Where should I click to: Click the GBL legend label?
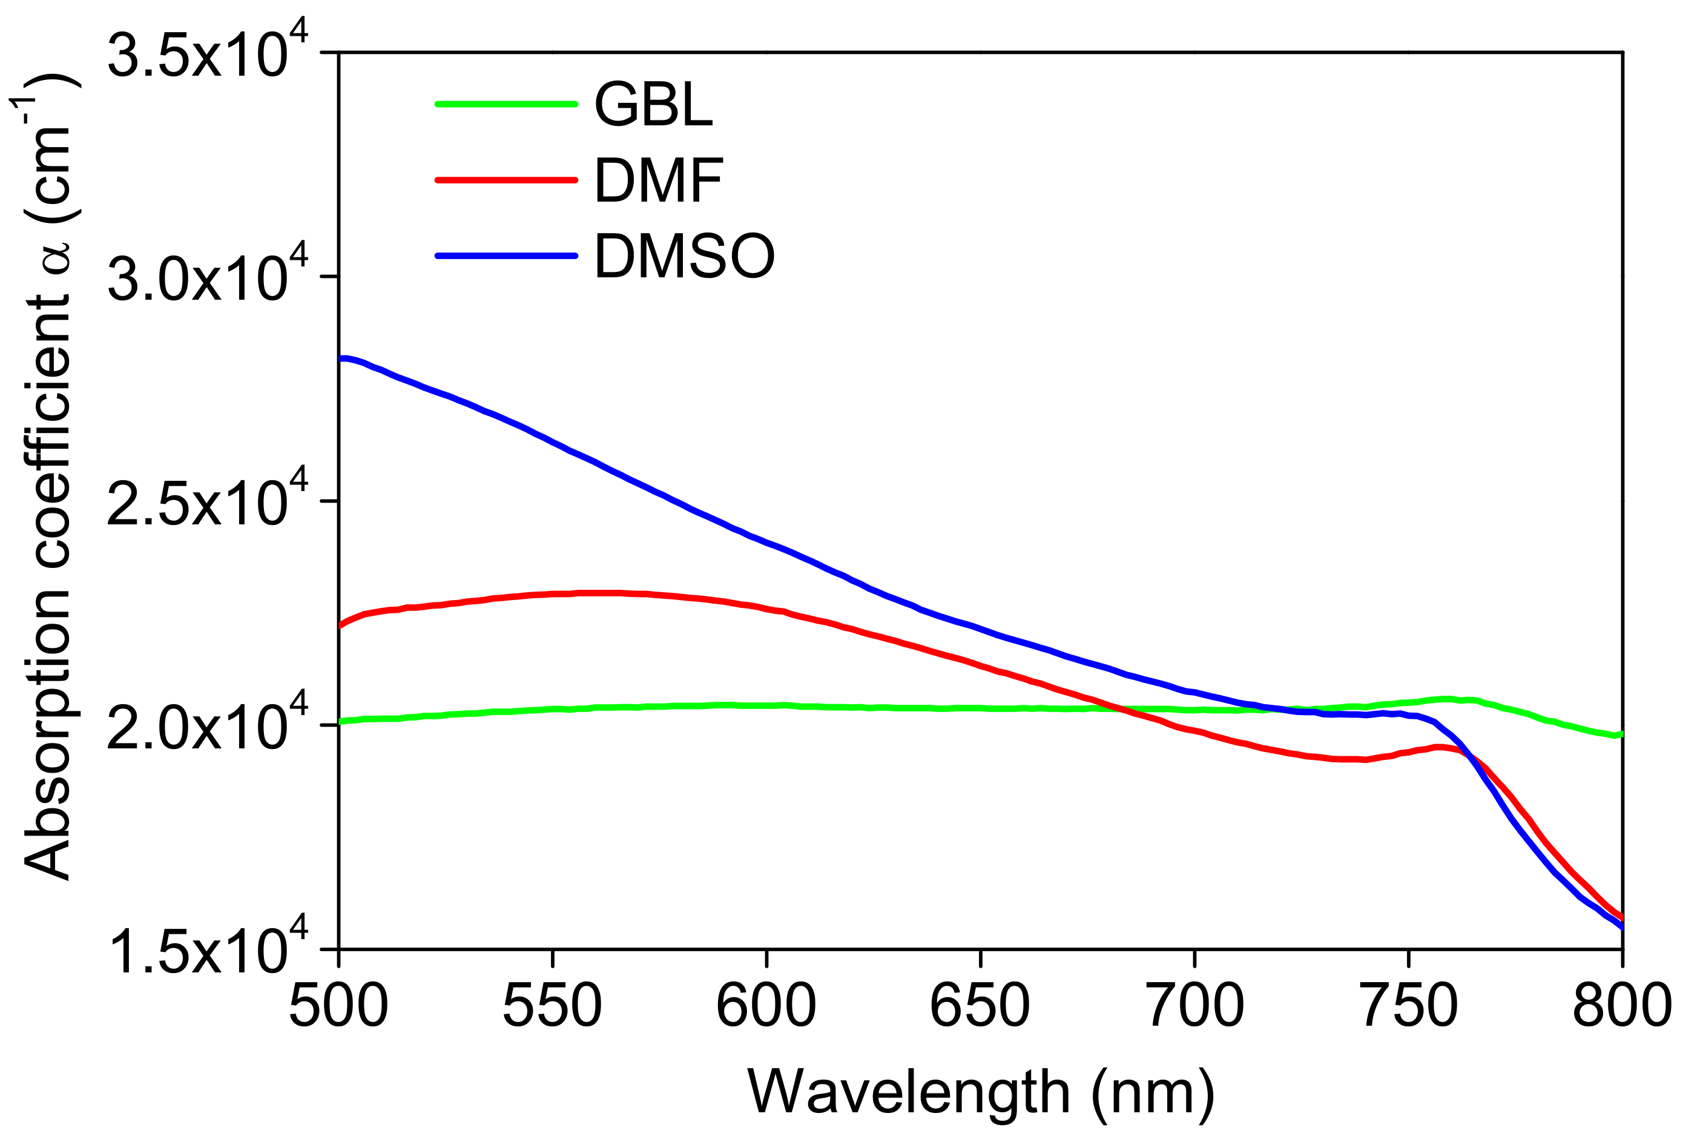point(653,105)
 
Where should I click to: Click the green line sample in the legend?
point(506,104)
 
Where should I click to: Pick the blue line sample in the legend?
point(506,255)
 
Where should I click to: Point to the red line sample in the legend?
point(506,180)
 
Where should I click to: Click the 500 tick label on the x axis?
point(338,1006)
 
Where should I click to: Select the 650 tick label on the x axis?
point(980,1006)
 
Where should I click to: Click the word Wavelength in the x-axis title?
point(908,1092)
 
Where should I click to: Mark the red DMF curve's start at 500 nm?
point(341,624)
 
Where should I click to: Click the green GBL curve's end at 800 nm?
point(1620,734)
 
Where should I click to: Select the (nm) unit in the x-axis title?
point(1153,1092)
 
